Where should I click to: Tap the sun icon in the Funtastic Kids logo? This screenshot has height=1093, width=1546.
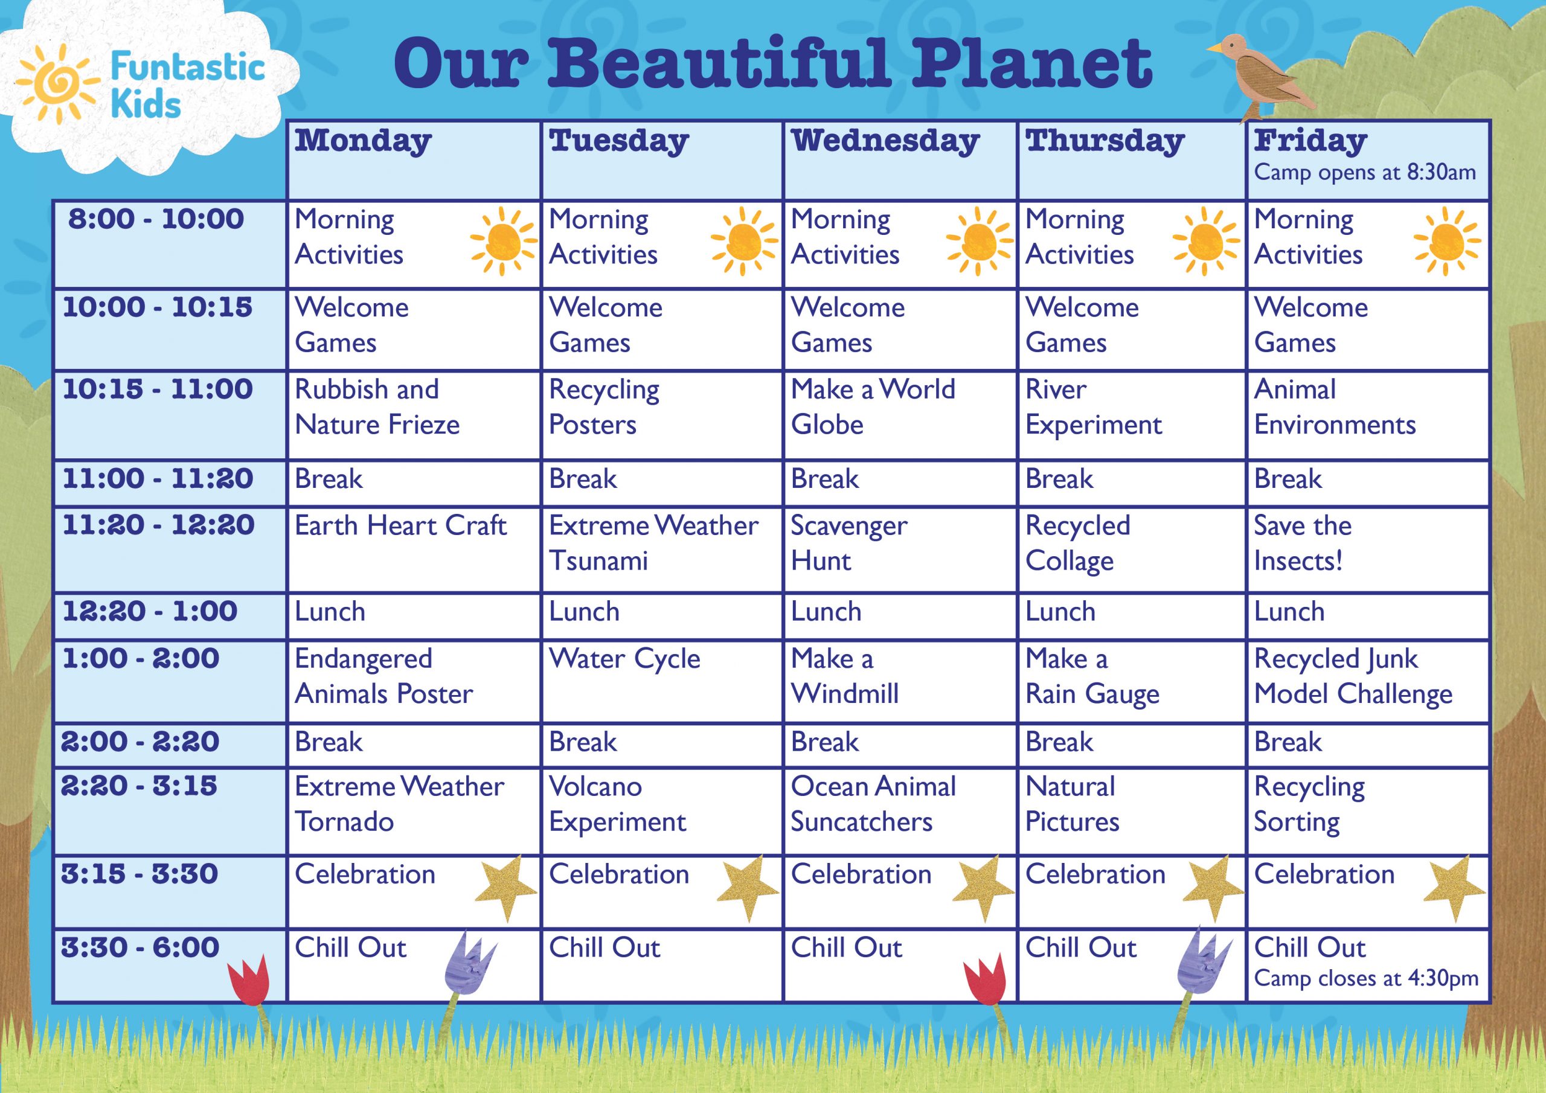click(53, 83)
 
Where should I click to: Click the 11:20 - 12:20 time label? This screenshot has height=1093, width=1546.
click(158, 525)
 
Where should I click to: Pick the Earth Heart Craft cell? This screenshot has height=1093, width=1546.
click(414, 550)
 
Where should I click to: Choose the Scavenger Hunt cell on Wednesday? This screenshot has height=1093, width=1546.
click(900, 550)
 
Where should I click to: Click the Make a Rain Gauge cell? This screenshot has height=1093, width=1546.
click(1131, 682)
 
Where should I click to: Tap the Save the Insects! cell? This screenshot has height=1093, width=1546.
click(1367, 550)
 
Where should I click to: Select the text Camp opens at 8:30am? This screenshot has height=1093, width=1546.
click(1365, 172)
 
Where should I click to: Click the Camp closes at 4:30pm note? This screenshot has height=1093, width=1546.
click(1366, 978)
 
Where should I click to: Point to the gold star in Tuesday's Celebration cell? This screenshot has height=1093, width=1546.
click(748, 888)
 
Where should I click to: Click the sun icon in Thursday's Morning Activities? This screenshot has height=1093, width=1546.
click(1205, 241)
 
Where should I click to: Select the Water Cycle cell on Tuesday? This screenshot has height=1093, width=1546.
click(661, 682)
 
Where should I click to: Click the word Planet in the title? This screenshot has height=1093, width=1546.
click(1031, 64)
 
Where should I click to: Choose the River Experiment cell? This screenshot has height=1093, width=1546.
click(1131, 415)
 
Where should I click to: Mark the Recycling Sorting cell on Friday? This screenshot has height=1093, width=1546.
click(1367, 812)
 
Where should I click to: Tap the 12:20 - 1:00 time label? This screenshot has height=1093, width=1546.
click(150, 611)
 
